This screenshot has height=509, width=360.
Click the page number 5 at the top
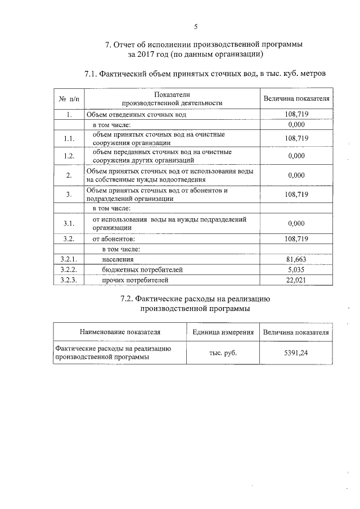pyautogui.click(x=196, y=26)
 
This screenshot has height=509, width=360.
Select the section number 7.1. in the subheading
pyautogui.click(x=93, y=74)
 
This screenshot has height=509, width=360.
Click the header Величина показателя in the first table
pyautogui.click(x=296, y=99)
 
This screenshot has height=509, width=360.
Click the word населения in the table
pyautogui.click(x=118, y=259)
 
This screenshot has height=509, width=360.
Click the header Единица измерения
pyautogui.click(x=223, y=332)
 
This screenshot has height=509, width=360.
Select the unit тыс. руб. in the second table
pyautogui.click(x=223, y=353)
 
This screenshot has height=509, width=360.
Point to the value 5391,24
pyautogui.click(x=296, y=353)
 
